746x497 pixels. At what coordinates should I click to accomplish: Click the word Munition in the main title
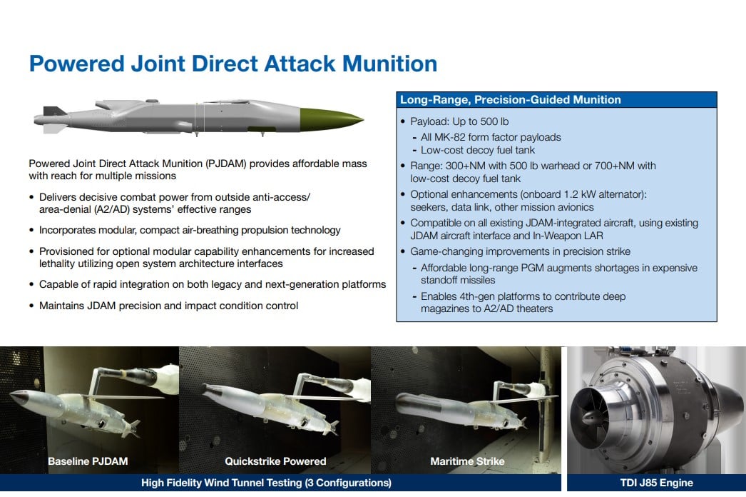pyautogui.click(x=389, y=64)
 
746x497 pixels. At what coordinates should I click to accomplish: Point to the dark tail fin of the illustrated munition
pyautogui.click(x=53, y=111)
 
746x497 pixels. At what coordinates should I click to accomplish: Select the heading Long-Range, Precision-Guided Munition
pyautogui.click(x=510, y=99)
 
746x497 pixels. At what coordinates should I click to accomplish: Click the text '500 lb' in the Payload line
pyautogui.click(x=494, y=121)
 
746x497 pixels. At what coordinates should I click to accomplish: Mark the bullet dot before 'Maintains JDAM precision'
pyautogui.click(x=31, y=306)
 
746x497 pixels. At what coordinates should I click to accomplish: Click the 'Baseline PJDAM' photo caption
pyautogui.click(x=88, y=461)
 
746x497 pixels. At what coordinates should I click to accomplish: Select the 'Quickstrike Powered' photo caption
pyautogui.click(x=275, y=461)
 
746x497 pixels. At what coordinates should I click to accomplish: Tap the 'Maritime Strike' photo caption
pyautogui.click(x=467, y=461)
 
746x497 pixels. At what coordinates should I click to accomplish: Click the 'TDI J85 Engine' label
pyautogui.click(x=657, y=483)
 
